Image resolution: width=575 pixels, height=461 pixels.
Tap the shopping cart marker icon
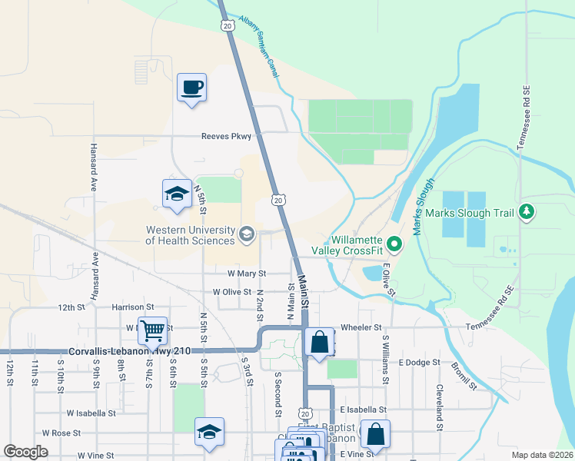(x=152, y=330)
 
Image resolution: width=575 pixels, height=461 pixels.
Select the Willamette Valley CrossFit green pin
(x=394, y=245)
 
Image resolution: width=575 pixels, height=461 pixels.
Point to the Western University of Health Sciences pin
(x=247, y=234)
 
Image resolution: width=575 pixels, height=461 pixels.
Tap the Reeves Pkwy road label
(x=226, y=137)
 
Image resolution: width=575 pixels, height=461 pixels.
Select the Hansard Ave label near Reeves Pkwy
(x=94, y=167)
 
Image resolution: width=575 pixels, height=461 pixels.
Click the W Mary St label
(x=246, y=273)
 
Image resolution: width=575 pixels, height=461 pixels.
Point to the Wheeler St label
(x=361, y=327)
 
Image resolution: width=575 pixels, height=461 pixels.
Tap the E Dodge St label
(x=419, y=362)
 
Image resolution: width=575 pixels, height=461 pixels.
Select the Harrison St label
(x=128, y=307)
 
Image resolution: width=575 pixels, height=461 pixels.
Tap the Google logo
(x=25, y=452)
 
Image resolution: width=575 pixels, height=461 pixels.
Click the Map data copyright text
(x=542, y=455)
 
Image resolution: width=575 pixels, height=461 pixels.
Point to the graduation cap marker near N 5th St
(x=176, y=194)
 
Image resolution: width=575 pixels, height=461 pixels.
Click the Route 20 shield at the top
(x=226, y=25)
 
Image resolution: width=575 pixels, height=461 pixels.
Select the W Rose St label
(x=61, y=433)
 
